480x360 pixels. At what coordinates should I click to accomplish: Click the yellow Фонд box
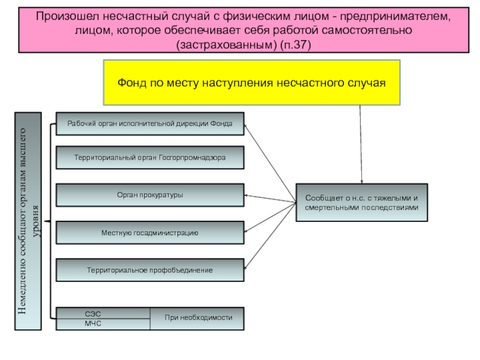click(251, 83)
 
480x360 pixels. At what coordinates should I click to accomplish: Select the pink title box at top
click(244, 31)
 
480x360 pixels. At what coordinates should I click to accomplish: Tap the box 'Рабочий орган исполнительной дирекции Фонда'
click(150, 124)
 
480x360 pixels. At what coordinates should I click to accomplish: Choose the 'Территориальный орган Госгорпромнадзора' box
click(150, 158)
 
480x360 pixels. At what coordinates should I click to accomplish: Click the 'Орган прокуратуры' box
click(150, 195)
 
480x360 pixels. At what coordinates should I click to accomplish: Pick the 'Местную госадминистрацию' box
click(150, 233)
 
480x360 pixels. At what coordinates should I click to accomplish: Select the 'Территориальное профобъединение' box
click(150, 271)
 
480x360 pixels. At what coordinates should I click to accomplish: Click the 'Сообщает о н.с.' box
click(362, 203)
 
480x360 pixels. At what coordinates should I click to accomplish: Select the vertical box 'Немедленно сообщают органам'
click(28, 221)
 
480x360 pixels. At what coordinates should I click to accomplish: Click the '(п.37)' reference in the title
click(295, 45)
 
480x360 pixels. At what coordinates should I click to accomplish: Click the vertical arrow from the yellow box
click(361, 145)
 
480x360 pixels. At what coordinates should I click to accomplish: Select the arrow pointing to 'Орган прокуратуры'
click(271, 199)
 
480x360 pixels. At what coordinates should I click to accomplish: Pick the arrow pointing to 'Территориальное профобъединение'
click(271, 236)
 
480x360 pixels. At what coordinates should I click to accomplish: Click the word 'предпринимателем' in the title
click(395, 17)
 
